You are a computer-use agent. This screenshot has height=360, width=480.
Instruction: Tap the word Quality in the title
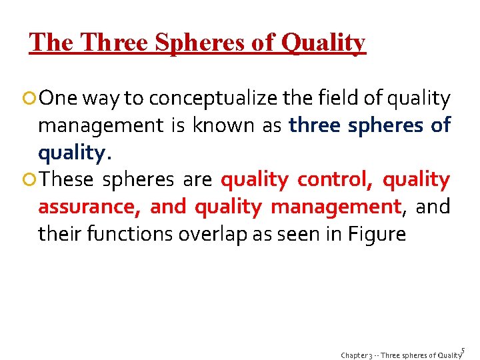pyautogui.click(x=323, y=43)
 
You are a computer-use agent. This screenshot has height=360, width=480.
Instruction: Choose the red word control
pyautogui.click(x=331, y=180)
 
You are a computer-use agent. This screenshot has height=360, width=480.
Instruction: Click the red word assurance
pyautogui.click(x=88, y=207)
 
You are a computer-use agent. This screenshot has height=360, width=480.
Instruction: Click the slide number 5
pyautogui.click(x=463, y=349)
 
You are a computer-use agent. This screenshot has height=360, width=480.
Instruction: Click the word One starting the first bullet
pyautogui.click(x=58, y=99)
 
